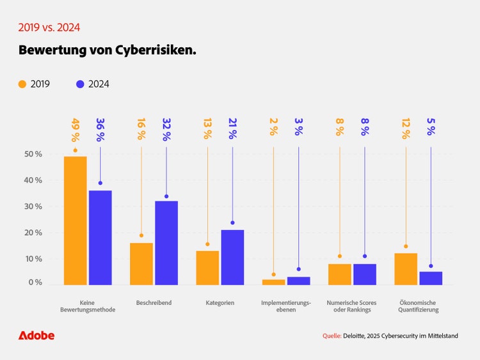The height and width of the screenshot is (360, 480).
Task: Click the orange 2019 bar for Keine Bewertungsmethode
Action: [x=75, y=221]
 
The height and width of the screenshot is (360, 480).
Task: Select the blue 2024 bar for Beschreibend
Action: [x=166, y=243]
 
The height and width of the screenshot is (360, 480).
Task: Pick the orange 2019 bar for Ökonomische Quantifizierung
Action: [x=406, y=269]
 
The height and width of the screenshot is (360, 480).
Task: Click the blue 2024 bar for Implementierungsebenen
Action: [x=298, y=281]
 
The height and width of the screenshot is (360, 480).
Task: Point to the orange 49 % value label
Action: [x=76, y=130]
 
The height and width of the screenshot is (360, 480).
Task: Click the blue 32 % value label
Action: [x=166, y=130]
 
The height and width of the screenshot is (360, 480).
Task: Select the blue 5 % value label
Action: [x=431, y=130]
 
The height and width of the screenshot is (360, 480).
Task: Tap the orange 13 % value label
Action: [x=207, y=130]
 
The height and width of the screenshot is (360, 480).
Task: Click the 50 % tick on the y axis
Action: [x=33, y=154]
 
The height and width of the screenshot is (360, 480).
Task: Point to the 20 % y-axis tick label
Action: [x=33, y=233]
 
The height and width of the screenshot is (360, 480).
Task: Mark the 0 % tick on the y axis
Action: [x=35, y=283]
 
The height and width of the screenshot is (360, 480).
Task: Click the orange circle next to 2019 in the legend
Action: [x=22, y=84]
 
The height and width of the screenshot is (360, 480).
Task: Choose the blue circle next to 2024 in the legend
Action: [x=80, y=84]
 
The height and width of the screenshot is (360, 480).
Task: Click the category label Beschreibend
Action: [x=154, y=302]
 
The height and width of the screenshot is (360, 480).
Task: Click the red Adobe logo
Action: [x=36, y=335]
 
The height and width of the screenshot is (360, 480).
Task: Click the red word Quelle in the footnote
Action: [x=332, y=336]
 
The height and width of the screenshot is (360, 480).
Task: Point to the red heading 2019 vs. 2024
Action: [x=49, y=27]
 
